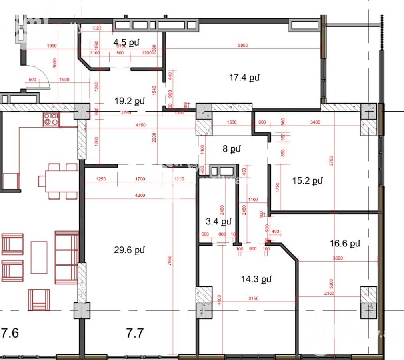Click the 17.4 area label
tap(244, 78)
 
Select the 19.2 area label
tap(129, 101)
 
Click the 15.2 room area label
tap(307, 181)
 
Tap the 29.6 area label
tap(129, 250)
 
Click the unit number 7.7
tap(135, 333)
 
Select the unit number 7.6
tap(10, 333)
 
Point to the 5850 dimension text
tap(243, 46)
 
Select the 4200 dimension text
tap(140, 195)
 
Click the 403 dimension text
tap(275, 231)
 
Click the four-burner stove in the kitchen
tap(51, 119)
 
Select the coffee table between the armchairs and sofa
tap(39, 257)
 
